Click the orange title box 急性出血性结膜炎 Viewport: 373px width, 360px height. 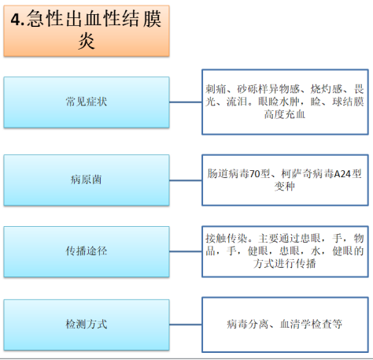coord(87,31)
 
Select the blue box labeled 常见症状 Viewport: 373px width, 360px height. coord(87,102)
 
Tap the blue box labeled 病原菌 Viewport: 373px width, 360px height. coord(87,180)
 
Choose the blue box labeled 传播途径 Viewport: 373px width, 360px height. coord(87,251)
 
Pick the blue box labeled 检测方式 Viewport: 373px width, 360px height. coord(87,325)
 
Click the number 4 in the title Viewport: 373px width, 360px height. coord(15,20)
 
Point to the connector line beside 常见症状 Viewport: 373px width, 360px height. coord(186,102)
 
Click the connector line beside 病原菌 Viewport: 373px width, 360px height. coord(186,180)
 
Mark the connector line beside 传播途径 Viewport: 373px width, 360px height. coord(186,251)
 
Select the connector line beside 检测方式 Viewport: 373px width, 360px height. coord(186,325)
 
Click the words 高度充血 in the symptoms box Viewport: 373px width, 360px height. coord(285,114)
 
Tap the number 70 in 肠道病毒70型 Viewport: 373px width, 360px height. coord(254,174)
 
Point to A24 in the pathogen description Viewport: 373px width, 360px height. coord(342,174)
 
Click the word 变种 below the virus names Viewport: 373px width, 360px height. coord(285,187)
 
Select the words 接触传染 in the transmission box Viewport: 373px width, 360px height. coord(227,239)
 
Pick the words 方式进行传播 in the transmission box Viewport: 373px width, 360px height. coord(285,263)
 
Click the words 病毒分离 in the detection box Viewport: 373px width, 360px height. coord(248,324)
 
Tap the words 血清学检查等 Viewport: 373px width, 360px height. coord(312,324)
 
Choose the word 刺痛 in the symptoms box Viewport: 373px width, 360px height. coord(216,89)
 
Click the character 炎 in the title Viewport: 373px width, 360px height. coord(87,41)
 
